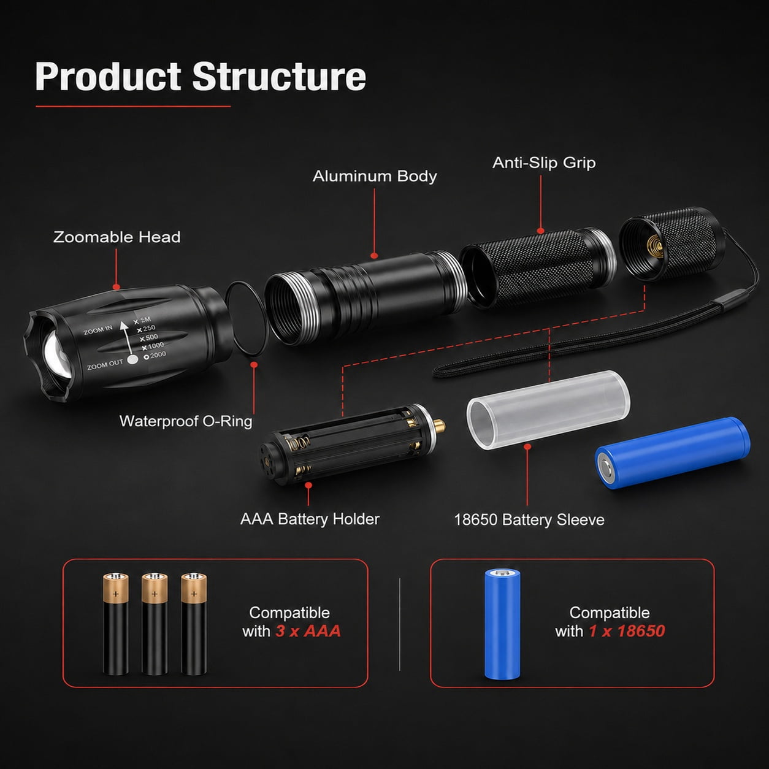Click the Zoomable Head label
(x=117, y=237)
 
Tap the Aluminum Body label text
(x=375, y=176)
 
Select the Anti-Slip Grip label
(x=544, y=163)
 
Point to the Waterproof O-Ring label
(x=186, y=421)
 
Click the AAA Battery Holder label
(x=310, y=519)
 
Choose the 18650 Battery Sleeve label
(x=529, y=519)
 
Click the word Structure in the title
(x=280, y=76)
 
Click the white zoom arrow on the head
(x=126, y=337)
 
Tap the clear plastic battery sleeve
(x=548, y=410)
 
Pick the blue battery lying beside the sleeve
(x=673, y=453)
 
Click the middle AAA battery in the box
(x=155, y=624)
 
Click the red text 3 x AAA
(x=308, y=631)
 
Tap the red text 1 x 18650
(x=627, y=631)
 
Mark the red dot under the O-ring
(x=254, y=364)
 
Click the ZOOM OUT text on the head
(x=105, y=364)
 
